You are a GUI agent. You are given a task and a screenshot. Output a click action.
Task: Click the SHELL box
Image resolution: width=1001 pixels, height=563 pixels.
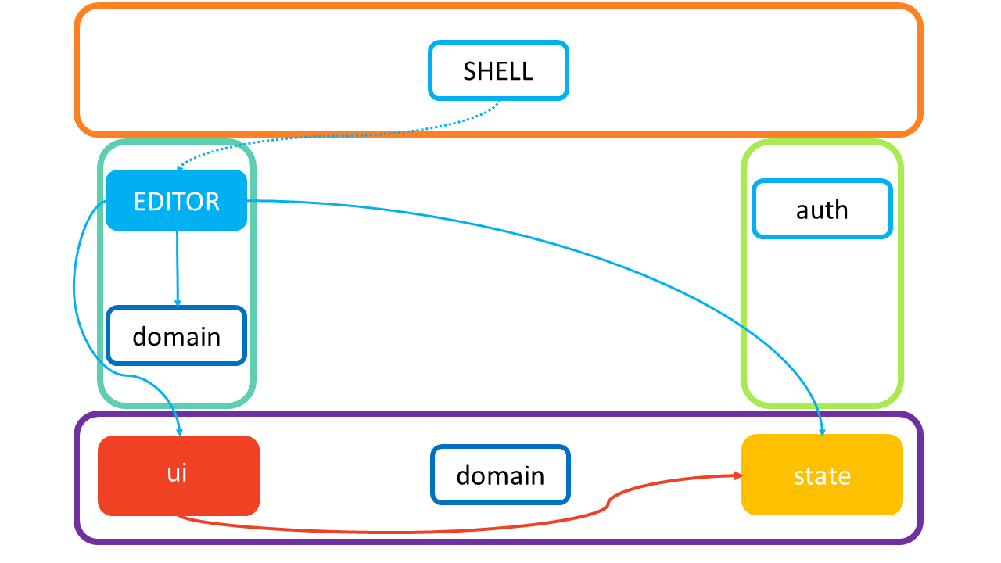tap(498, 70)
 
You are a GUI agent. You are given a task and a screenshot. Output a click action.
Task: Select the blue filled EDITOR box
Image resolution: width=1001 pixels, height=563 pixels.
tap(176, 201)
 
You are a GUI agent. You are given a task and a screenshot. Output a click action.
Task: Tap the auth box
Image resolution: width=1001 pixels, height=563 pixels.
tap(822, 210)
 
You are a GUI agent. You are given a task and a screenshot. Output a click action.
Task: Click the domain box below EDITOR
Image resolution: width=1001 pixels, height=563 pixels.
tap(176, 336)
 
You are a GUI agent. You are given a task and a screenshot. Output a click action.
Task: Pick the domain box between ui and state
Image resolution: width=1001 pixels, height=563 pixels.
tap(500, 475)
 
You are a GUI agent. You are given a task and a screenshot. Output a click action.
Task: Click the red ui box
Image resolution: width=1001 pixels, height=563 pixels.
tap(178, 475)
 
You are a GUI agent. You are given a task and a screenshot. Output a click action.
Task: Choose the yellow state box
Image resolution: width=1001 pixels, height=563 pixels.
tap(822, 475)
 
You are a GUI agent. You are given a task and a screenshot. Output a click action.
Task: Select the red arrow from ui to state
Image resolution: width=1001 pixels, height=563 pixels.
tap(391, 532)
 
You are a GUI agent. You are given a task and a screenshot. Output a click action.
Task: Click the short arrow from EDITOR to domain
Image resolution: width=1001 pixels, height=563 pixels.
tap(178, 266)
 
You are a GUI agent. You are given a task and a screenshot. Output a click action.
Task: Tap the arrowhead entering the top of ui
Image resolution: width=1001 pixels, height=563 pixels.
tap(179, 431)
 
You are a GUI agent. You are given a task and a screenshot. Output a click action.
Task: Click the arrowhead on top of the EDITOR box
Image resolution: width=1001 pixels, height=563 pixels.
tap(180, 167)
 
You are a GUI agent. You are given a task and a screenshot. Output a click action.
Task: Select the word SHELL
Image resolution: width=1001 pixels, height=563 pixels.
tap(498, 71)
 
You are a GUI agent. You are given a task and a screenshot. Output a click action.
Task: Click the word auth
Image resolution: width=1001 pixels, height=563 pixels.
tap(822, 210)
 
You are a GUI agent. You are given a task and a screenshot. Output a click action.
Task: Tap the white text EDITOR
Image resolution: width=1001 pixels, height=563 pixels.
tap(177, 202)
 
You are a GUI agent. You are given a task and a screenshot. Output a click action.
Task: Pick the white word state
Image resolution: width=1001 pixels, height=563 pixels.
tap(822, 476)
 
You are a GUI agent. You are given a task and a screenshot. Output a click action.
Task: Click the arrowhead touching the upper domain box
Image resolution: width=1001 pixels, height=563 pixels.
tap(178, 303)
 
